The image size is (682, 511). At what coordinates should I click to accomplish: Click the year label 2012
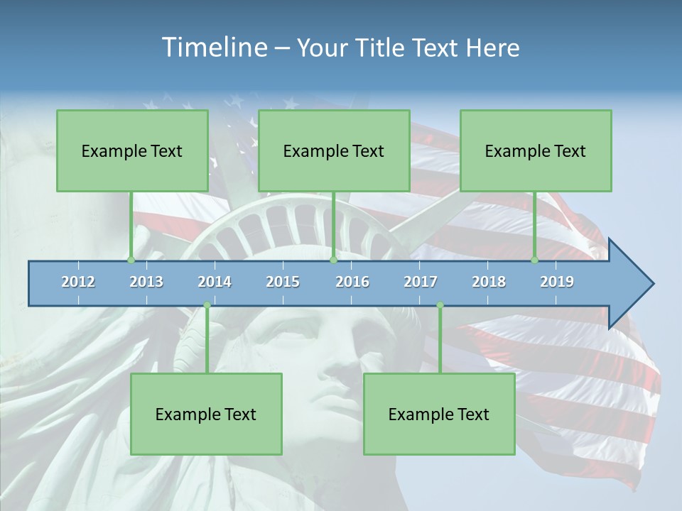78,282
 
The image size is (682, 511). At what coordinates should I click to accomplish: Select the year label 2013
146,282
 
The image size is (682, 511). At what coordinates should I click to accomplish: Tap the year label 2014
215,282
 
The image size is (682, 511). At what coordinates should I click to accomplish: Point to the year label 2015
283,282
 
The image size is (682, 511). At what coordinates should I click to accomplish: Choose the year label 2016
352,282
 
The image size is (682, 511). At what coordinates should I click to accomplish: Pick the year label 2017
421,282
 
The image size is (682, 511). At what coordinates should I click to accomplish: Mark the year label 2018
489,282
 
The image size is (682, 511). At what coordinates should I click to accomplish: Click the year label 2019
557,282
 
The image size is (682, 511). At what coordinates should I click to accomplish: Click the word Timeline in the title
213,48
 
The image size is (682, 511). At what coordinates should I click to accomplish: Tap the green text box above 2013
132,150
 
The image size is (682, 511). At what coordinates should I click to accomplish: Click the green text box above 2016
334,150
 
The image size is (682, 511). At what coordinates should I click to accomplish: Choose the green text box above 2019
536,150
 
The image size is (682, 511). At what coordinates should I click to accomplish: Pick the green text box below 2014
206,414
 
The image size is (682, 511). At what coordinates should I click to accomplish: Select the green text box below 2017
439,414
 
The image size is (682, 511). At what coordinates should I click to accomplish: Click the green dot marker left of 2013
131,260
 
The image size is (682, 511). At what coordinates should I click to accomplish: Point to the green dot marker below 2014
207,305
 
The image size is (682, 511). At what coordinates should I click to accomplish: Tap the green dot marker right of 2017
440,305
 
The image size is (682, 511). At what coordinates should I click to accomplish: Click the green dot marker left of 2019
535,260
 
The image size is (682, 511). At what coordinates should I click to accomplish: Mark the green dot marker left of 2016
333,260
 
